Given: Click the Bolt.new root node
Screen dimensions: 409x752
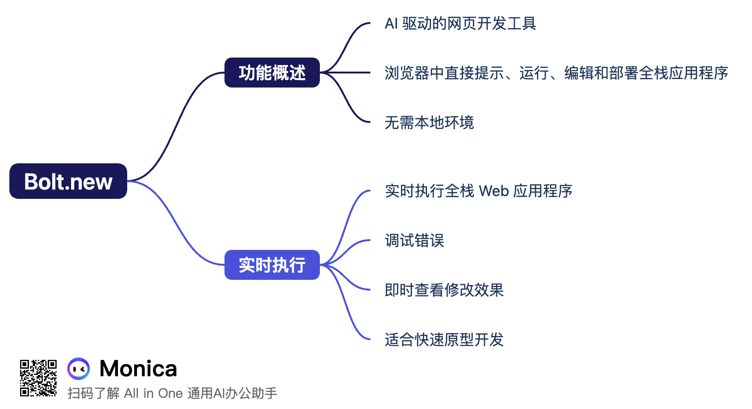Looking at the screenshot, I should click(x=68, y=181).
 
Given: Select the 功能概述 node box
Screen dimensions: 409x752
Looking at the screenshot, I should click(x=272, y=73).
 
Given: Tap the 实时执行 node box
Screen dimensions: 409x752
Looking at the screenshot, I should click(x=272, y=265).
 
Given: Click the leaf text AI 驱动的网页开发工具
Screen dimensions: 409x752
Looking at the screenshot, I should click(x=460, y=23).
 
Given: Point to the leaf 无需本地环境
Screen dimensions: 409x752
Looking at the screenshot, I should click(x=429, y=123).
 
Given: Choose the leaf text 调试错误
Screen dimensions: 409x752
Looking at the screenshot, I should click(x=414, y=241).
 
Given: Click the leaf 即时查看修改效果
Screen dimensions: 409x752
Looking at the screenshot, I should click(x=444, y=290).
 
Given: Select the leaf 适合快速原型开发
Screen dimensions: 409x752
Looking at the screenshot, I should click(x=444, y=340).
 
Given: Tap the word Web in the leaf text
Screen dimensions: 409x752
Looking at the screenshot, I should click(x=494, y=191).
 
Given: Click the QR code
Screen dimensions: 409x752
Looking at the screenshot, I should click(x=38, y=378).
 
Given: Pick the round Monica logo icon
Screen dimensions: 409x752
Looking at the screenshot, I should click(x=79, y=369).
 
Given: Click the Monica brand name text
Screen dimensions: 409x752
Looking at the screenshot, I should click(x=138, y=369).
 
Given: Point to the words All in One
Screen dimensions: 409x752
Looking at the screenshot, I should click(x=153, y=393).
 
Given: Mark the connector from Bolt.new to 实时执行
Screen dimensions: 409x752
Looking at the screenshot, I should click(x=175, y=225).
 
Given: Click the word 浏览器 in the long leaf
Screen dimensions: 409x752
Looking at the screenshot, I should click(x=407, y=73).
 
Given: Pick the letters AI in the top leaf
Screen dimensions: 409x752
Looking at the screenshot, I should click(x=391, y=23).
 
